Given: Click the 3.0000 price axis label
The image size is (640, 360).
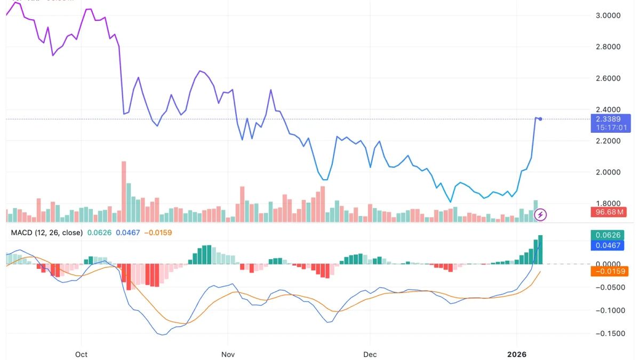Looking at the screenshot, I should (609, 15).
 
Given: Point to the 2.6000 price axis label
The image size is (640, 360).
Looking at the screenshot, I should (609, 78).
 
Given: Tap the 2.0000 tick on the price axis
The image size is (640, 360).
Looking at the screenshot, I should (609, 172).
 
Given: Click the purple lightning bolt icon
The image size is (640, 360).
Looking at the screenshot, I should (541, 215).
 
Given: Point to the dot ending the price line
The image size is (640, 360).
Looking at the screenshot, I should (540, 118).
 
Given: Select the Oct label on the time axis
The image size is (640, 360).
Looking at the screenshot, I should (81, 354).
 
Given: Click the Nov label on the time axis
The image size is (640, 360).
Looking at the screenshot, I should (228, 354).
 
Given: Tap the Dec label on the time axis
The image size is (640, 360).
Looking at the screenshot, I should (370, 354).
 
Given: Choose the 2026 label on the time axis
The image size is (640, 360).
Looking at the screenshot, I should (516, 354).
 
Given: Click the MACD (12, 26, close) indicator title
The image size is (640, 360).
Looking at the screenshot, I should (47, 233).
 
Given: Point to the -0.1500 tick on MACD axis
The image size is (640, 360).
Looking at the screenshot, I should (609, 334).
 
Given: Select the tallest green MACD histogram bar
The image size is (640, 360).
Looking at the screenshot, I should (540, 250).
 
